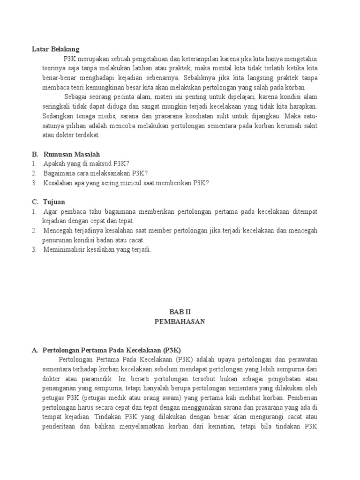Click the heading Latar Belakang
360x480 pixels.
pos(55,49)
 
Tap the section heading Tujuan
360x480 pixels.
pos(54,202)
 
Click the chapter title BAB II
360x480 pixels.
pos(180,312)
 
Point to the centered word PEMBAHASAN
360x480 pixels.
pos(180,322)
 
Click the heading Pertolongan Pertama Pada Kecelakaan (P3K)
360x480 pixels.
pos(112,350)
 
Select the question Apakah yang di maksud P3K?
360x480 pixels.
pos(86,164)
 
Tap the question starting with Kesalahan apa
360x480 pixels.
pos(126,183)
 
